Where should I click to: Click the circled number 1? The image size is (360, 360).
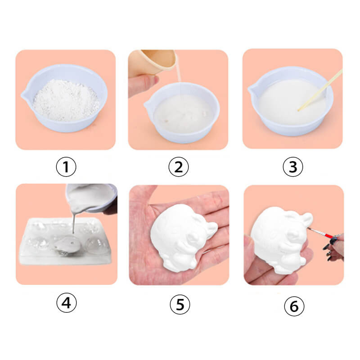66,166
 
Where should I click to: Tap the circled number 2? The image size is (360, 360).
178,166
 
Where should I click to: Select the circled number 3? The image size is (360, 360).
293,166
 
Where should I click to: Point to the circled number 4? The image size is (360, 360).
67,302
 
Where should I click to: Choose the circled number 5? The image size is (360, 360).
180,305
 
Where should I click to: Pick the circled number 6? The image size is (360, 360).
294,306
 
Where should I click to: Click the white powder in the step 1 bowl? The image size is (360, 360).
66,100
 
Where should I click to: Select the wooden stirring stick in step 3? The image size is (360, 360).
320,90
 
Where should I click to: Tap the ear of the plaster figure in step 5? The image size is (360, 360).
210,229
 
